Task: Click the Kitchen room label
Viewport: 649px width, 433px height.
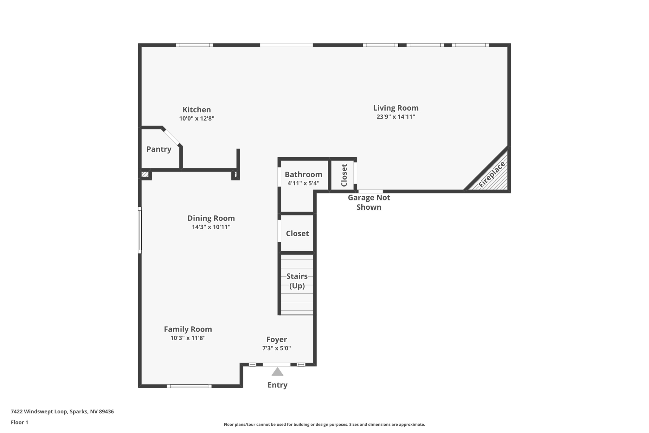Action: tap(196, 110)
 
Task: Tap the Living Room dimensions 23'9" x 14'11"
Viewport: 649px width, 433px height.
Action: tap(395, 117)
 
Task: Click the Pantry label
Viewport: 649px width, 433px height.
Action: tap(159, 149)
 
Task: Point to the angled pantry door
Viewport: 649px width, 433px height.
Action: tap(171, 137)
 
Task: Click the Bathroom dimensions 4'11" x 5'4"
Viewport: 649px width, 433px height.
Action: tap(303, 183)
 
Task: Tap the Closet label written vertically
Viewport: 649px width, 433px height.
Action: tap(344, 175)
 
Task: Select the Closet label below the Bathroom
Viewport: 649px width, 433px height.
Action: tap(297, 233)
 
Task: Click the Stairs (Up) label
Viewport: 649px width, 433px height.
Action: tap(297, 281)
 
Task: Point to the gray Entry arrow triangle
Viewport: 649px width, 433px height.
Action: tap(277, 372)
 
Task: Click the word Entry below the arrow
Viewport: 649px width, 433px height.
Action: tap(277, 385)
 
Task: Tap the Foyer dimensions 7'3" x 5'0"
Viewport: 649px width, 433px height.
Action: tap(276, 348)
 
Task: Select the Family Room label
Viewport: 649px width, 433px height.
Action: tap(188, 329)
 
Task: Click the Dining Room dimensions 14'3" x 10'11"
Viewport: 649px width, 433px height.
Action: tap(211, 227)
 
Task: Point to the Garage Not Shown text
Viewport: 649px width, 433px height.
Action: tap(369, 202)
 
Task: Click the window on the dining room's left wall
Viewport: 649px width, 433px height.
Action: tap(140, 230)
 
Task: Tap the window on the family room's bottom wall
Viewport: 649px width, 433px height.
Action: tap(189, 386)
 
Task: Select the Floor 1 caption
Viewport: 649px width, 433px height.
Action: tap(19, 423)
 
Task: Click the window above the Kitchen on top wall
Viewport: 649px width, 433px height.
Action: tap(194, 45)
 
